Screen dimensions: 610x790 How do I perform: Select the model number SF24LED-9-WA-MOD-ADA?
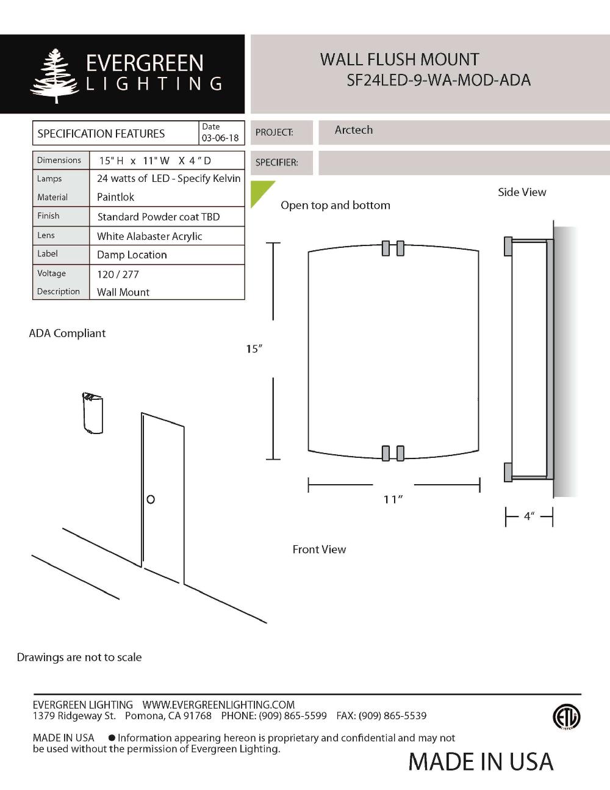[438, 80]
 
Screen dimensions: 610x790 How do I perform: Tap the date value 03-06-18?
[220, 138]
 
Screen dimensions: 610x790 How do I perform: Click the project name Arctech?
[353, 130]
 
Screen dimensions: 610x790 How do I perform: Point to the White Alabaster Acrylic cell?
[149, 236]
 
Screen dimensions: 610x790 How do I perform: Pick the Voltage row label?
[51, 274]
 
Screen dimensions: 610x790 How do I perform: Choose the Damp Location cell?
[132, 255]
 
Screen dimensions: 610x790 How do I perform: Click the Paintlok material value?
[115, 197]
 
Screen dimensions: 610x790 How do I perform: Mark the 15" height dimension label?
[254, 349]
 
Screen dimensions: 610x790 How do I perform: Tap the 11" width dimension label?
[393, 499]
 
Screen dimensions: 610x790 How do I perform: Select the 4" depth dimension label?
[529, 516]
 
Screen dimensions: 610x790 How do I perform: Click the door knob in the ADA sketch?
[151, 499]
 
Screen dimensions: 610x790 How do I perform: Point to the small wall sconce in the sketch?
[93, 413]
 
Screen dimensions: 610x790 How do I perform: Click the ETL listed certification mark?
[566, 717]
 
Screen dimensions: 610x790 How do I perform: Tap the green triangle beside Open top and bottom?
[260, 191]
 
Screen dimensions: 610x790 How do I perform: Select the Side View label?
[522, 192]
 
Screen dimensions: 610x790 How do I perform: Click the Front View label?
[319, 549]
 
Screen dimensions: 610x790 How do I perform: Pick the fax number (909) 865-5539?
[393, 716]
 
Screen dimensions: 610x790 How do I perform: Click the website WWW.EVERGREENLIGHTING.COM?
[218, 705]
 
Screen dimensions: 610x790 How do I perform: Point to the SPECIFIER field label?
[276, 162]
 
